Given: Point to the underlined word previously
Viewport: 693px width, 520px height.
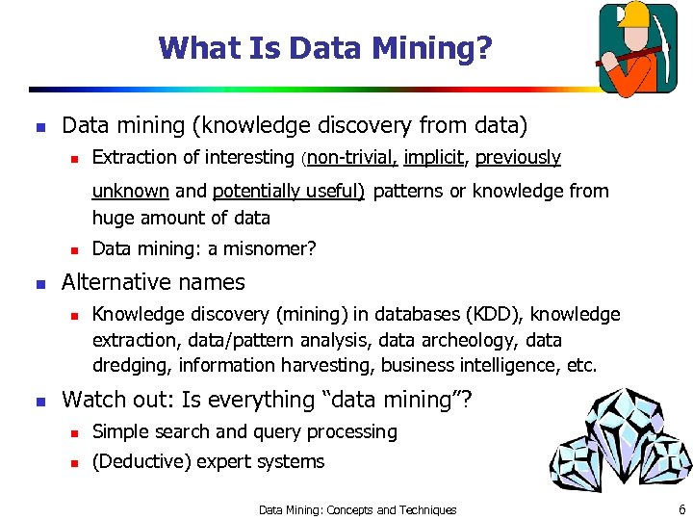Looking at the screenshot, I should [518, 157].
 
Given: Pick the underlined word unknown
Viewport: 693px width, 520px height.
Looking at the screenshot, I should [130, 191].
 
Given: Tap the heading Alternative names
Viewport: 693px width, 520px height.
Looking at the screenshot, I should [153, 282].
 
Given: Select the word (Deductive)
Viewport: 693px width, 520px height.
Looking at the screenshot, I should [141, 461].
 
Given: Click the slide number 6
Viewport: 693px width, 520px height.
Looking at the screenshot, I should [681, 509].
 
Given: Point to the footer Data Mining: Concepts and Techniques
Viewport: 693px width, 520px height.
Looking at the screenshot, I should [357, 509].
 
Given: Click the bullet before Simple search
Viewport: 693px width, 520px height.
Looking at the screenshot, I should [73, 432].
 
